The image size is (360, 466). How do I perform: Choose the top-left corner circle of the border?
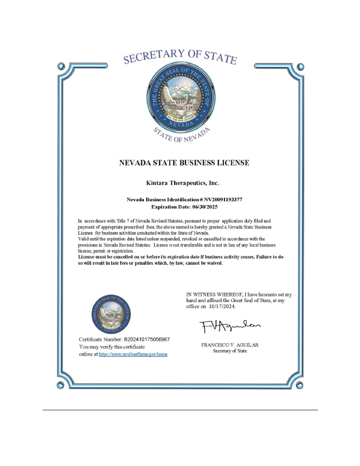[x=62, y=68]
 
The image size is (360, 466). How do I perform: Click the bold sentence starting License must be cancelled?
[x=180, y=259]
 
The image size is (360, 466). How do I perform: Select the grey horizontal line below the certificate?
[x=180, y=410]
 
